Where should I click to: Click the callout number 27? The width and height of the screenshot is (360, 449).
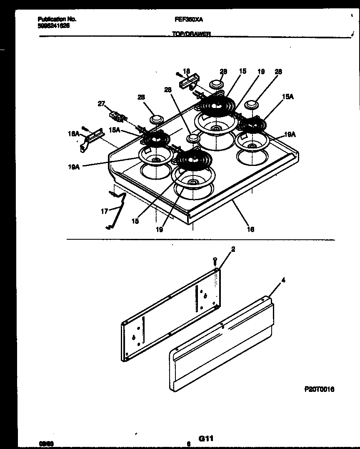[x=101, y=104]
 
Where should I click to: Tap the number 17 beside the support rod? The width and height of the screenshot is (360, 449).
[x=104, y=211]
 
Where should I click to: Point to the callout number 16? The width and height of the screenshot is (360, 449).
[x=250, y=229]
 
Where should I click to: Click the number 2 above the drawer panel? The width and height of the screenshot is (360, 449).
[x=233, y=249]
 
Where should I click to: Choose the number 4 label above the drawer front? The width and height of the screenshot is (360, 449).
[x=283, y=281]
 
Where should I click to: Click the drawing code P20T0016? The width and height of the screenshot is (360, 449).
[x=319, y=389]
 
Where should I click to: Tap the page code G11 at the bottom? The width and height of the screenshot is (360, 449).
[x=206, y=438]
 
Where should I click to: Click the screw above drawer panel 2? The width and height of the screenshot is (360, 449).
[x=215, y=261]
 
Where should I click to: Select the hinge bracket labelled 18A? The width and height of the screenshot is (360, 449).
[x=89, y=138]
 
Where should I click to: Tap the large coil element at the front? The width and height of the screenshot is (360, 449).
[x=193, y=160]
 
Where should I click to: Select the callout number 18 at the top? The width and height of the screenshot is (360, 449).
[x=186, y=71]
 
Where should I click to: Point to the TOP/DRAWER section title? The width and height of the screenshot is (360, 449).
[x=191, y=35]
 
